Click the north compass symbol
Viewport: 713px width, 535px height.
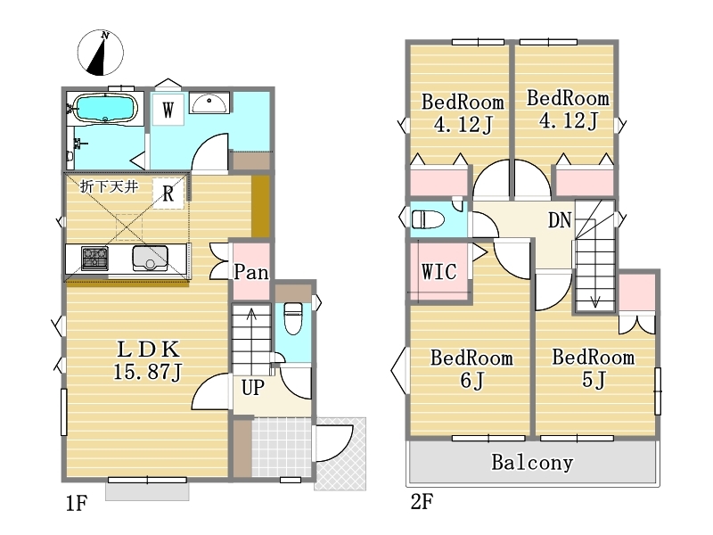[x=101, y=53]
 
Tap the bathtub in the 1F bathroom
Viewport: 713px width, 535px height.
[x=105, y=108]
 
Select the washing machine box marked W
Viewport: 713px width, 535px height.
[x=168, y=110]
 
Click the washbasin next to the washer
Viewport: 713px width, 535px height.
[x=209, y=103]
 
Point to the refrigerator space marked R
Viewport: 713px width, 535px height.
[x=168, y=193]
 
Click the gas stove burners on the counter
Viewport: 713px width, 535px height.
[x=94, y=258]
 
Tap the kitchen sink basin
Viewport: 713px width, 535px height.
[x=150, y=259]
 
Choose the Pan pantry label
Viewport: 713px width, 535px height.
[x=251, y=272]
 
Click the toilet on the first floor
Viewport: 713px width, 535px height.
[x=293, y=318]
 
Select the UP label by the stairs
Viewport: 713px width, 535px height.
[x=253, y=388]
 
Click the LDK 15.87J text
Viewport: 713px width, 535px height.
[x=148, y=360]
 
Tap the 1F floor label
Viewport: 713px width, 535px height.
[x=76, y=503]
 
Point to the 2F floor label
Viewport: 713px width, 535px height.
[x=422, y=502]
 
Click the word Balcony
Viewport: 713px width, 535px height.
[x=532, y=463]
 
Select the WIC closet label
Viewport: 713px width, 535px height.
[x=438, y=272]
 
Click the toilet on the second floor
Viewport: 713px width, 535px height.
[x=428, y=219]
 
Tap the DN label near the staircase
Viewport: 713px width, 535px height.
[x=560, y=220]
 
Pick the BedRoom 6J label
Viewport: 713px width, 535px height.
[x=472, y=369]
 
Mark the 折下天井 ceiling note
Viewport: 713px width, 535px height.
[x=109, y=186]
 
